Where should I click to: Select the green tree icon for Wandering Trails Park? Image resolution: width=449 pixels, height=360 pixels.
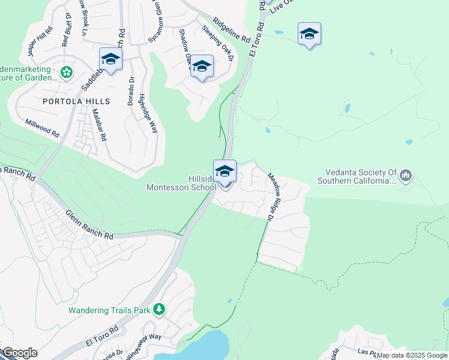click(x=159, y=310)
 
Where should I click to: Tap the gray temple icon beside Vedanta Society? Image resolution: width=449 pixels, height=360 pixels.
click(x=406, y=175)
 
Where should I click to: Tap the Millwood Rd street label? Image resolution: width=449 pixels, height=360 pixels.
click(x=42, y=129)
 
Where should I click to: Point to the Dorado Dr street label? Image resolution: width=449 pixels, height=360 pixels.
click(x=130, y=90)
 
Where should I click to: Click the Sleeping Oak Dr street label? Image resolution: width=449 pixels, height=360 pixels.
click(x=217, y=43)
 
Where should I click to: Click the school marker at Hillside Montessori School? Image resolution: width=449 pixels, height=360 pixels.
click(x=224, y=172)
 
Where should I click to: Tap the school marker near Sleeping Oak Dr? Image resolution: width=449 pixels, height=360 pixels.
click(x=202, y=67)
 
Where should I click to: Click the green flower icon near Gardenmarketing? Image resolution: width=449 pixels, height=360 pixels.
click(x=67, y=73)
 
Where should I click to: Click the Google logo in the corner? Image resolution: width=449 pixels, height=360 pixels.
click(x=19, y=353)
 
